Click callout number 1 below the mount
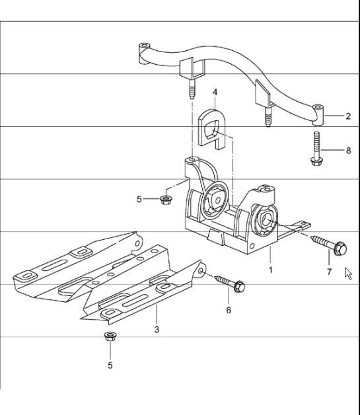point(270,270)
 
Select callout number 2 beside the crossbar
point(347,116)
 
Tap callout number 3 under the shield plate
point(156,328)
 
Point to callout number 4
point(215,92)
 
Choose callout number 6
point(229,310)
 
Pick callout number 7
point(328,272)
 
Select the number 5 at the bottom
point(110,365)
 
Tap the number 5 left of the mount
point(139,199)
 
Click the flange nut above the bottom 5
point(110,338)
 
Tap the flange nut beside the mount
point(165,198)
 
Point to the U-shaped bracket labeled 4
point(212,126)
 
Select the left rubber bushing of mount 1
point(214,200)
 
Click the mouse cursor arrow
point(348,273)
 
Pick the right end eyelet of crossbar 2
point(318,110)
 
